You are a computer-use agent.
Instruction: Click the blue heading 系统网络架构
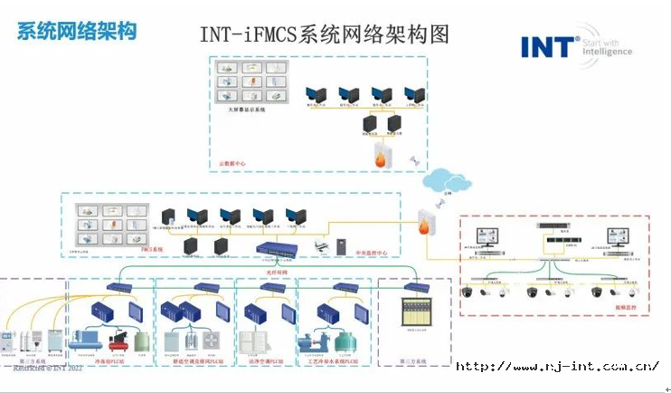[77, 31]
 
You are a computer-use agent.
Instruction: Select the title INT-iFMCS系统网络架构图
[324, 34]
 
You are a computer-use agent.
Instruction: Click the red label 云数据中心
[232, 164]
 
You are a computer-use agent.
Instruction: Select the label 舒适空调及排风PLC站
[194, 359]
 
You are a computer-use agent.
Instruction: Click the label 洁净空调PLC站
[266, 359]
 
